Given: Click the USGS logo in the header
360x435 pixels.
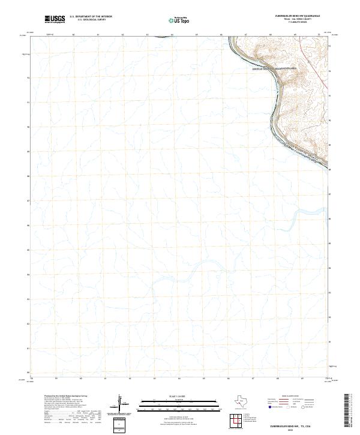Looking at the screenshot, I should tap(55, 20).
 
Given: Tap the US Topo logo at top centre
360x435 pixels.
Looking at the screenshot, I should tap(175, 21).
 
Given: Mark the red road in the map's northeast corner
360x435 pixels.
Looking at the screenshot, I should tap(329, 90).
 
